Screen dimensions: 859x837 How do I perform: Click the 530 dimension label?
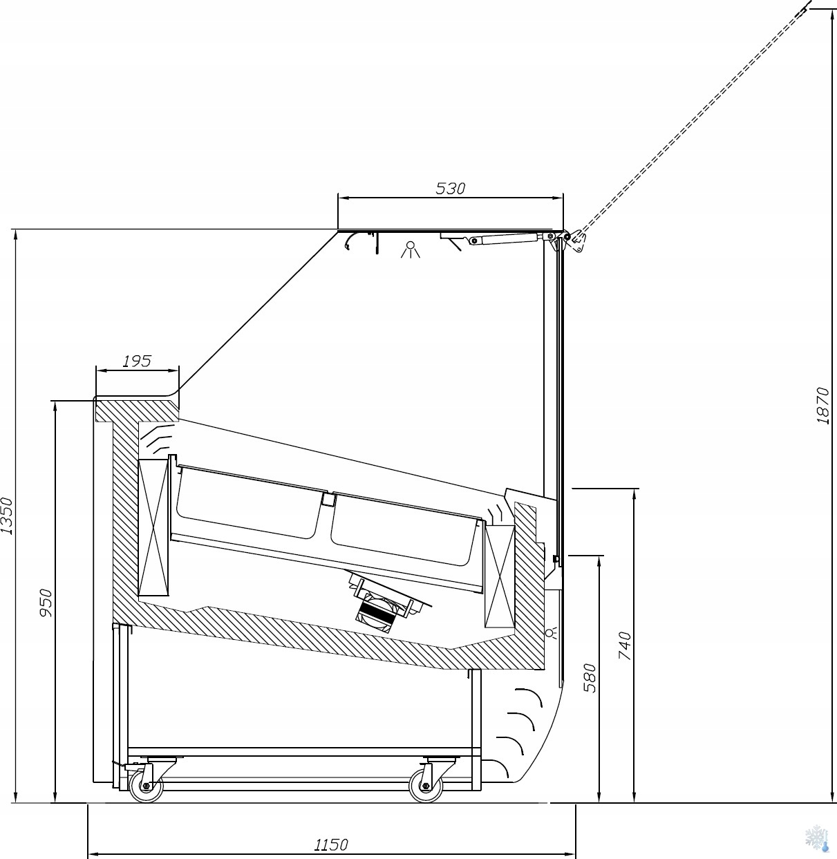tap(451, 188)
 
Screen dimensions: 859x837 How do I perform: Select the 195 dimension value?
tap(137, 361)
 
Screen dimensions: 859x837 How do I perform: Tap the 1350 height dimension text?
tap(7, 516)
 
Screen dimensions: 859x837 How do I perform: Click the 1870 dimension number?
tap(822, 405)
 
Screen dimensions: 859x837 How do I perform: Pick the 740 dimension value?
tap(625, 645)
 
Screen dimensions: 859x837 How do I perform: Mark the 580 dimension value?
tap(590, 677)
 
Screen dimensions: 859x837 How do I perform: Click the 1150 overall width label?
tap(331, 844)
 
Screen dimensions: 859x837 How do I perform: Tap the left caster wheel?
tap(146, 787)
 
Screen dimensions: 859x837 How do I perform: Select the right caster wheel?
tap(426, 787)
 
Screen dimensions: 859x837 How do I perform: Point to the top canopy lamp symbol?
tap(411, 249)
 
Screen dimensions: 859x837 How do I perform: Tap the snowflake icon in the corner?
tap(817, 838)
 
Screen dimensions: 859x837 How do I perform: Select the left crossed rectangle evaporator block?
tap(153, 527)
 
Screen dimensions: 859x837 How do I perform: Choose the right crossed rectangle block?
tap(499, 576)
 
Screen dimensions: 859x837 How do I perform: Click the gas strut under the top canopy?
tap(504, 238)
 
